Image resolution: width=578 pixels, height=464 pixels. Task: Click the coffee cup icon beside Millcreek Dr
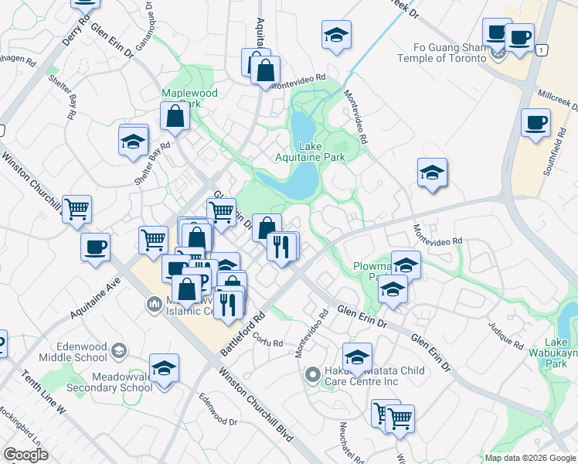(535, 123)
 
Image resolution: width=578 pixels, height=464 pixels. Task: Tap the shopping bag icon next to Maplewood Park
(175, 117)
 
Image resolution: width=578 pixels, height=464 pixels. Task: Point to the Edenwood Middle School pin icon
(119, 351)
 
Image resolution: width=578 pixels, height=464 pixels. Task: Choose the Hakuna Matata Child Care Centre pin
(312, 375)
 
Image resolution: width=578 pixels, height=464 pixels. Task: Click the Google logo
(25, 455)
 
